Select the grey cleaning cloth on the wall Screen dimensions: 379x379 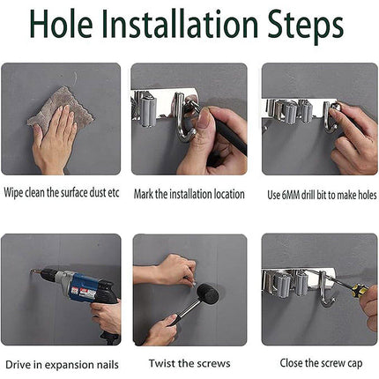pyautogui.click(x=60, y=108)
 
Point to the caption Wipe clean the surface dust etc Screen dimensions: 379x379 pyautogui.click(x=62, y=193)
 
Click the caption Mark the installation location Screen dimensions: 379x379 pyautogui.click(x=189, y=194)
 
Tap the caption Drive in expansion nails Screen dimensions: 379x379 pyautogui.click(x=62, y=365)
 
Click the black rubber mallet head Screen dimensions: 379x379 pyautogui.click(x=208, y=294)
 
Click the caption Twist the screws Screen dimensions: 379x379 pyautogui.click(x=189, y=363)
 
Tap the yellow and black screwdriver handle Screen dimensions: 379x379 pyautogui.click(x=359, y=290)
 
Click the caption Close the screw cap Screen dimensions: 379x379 pyautogui.click(x=321, y=363)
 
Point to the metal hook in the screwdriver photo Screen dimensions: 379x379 pyautogui.click(x=325, y=290)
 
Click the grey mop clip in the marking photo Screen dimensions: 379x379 pyautogui.click(x=147, y=109)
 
